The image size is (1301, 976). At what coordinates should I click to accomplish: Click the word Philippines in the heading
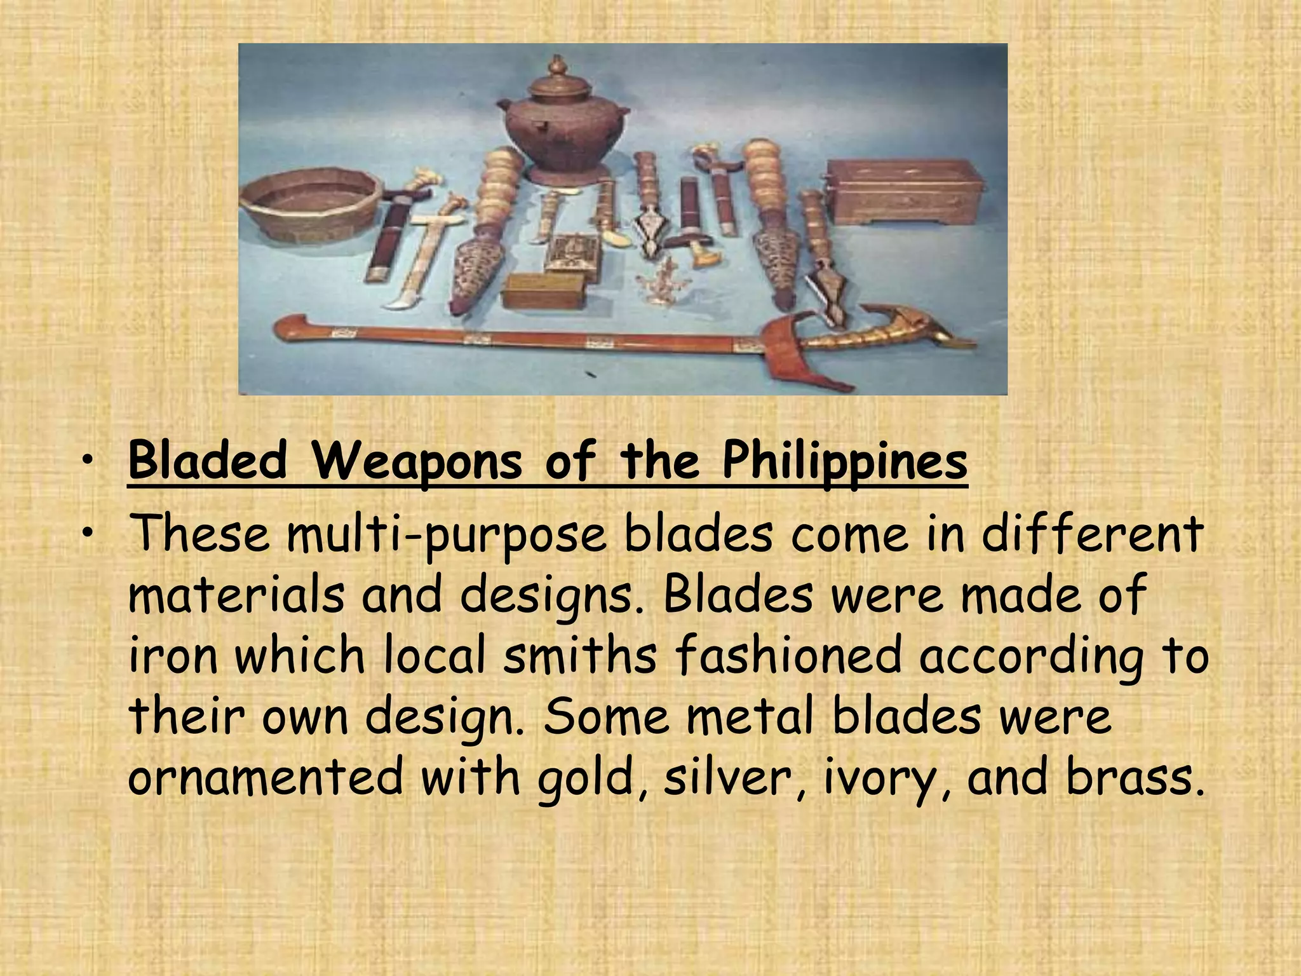click(x=844, y=462)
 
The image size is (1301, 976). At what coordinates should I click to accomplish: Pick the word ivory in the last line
click(x=882, y=778)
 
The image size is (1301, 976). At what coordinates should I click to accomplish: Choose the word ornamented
click(x=266, y=776)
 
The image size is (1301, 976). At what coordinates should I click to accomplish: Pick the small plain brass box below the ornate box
click(x=543, y=292)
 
